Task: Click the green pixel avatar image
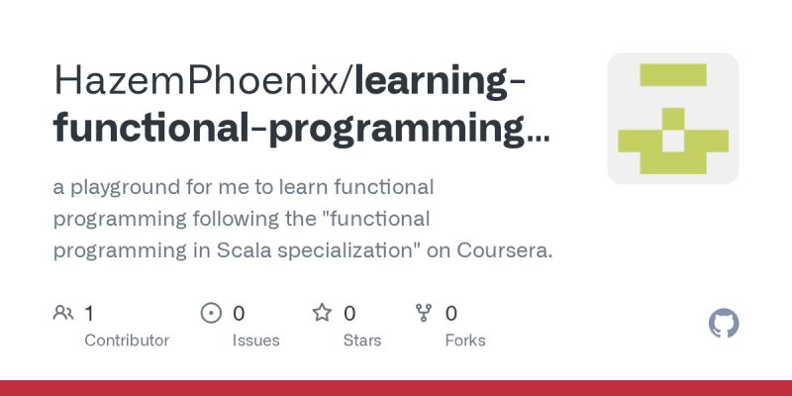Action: [673, 119]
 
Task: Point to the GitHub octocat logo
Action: [725, 324]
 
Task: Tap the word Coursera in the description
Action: [505, 250]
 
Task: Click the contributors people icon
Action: [63, 314]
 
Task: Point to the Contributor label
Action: [127, 341]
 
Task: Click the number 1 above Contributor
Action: [89, 314]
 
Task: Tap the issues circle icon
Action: [211, 314]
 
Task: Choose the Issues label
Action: [256, 341]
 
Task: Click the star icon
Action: [322, 314]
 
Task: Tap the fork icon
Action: [425, 314]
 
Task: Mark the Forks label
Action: [465, 341]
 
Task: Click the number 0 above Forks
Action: [451, 314]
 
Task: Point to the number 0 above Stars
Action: [349, 314]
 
